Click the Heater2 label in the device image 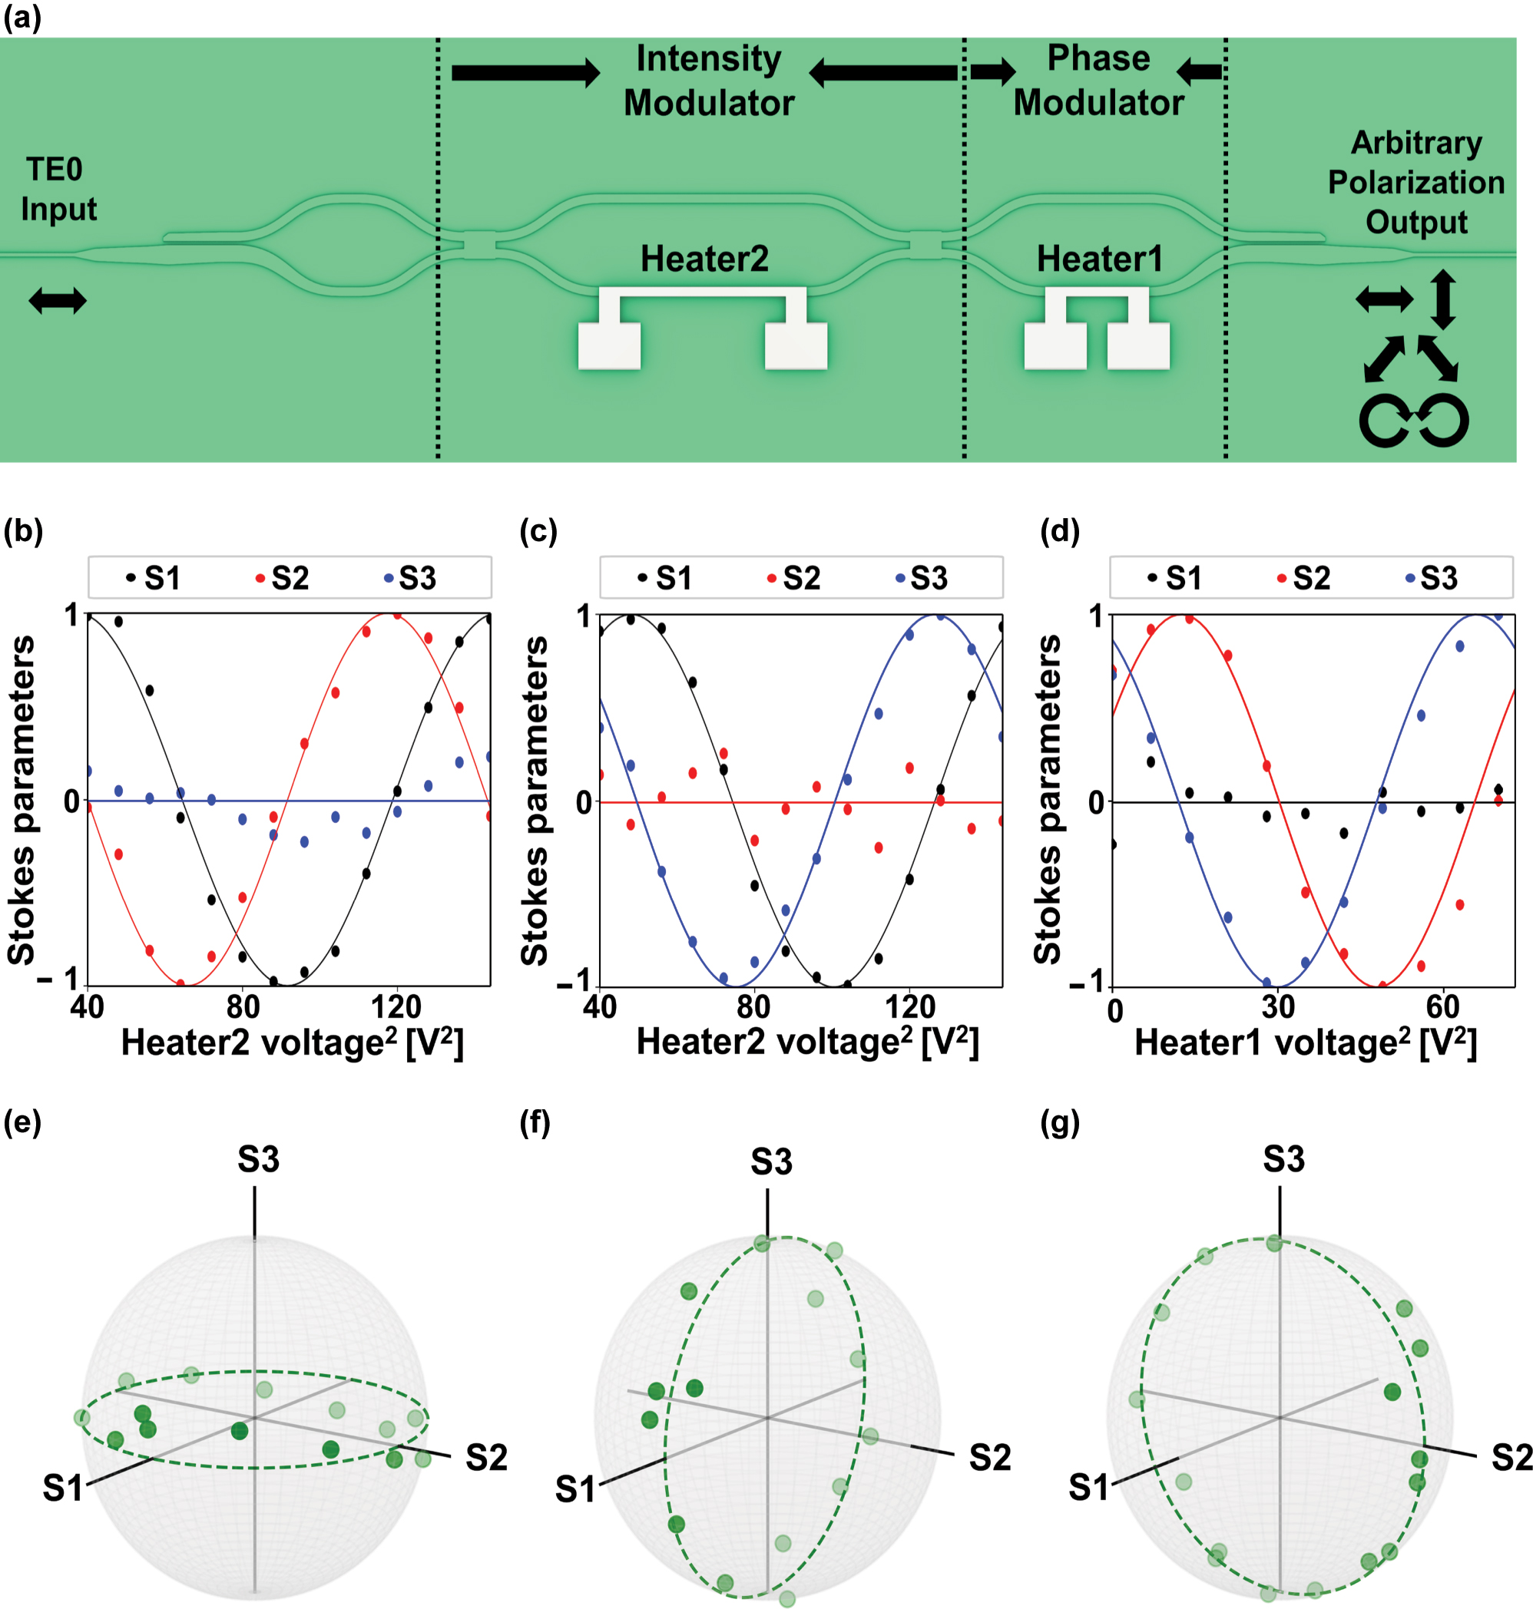[704, 259]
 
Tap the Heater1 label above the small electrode [1099, 259]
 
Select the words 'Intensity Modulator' [708, 81]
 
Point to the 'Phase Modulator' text [1098, 80]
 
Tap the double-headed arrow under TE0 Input [57, 301]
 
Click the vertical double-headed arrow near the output [1442, 299]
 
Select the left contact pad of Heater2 [609, 346]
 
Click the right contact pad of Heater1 [1137, 346]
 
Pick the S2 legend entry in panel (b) [283, 578]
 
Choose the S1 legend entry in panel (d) [1175, 578]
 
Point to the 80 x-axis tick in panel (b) [243, 1007]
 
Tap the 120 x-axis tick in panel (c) [909, 1007]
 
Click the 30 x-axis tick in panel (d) [1278, 1007]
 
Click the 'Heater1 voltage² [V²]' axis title [1305, 1043]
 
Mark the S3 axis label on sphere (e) [258, 1159]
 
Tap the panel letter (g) [1060, 1123]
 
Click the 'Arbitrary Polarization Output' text [1415, 182]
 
